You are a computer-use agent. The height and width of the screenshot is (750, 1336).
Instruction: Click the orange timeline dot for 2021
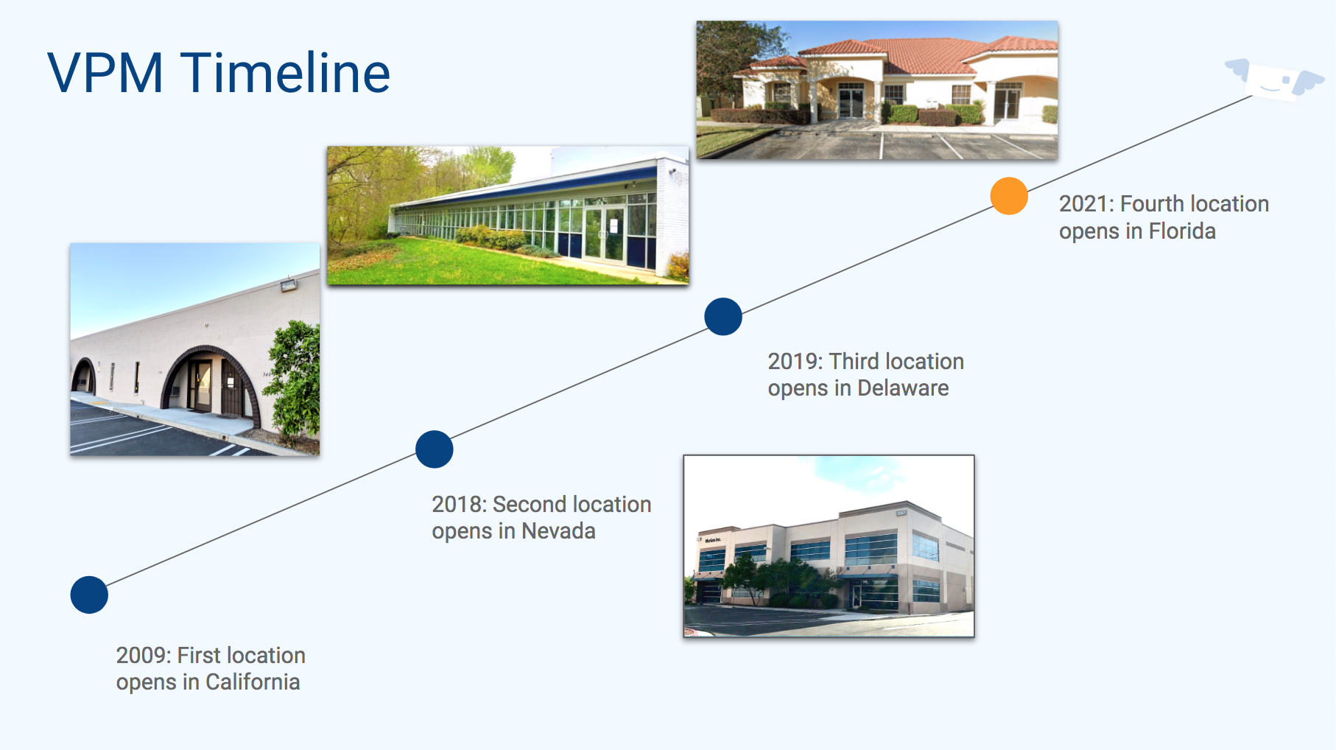[1009, 196]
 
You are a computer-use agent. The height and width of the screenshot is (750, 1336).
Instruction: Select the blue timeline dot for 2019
[723, 317]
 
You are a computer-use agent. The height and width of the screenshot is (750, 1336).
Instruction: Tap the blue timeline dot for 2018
[435, 449]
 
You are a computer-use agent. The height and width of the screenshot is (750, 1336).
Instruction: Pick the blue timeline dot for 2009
[89, 595]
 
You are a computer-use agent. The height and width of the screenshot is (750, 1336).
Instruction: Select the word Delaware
[903, 388]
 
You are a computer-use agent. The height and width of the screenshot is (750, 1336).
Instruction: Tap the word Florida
[1182, 231]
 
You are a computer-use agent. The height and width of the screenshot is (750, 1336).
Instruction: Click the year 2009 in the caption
[144, 656]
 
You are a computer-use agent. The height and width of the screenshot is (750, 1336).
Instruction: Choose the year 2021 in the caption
[1086, 204]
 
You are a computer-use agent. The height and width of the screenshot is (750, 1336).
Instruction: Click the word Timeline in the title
[285, 73]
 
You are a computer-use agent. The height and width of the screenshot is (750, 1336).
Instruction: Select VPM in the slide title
[105, 73]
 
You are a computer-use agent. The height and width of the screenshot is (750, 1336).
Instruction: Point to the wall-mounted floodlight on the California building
[288, 284]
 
